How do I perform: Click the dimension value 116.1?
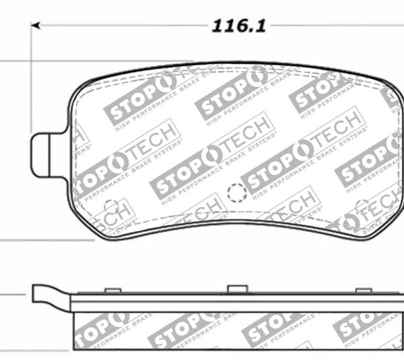pyautogui.click(x=240, y=26)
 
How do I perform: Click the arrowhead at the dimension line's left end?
pyautogui.click(x=36, y=26)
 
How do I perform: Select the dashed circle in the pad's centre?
pyautogui.click(x=236, y=193)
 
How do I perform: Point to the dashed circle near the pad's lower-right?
pyautogui.click(x=362, y=205)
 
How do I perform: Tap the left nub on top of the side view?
pyautogui.click(x=113, y=290)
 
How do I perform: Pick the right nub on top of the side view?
pyautogui.click(x=364, y=290)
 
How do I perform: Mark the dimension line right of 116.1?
pyautogui.click(x=337, y=26)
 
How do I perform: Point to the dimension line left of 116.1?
pyautogui.click(x=121, y=26)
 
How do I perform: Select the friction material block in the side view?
pyautogui.click(x=236, y=330)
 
